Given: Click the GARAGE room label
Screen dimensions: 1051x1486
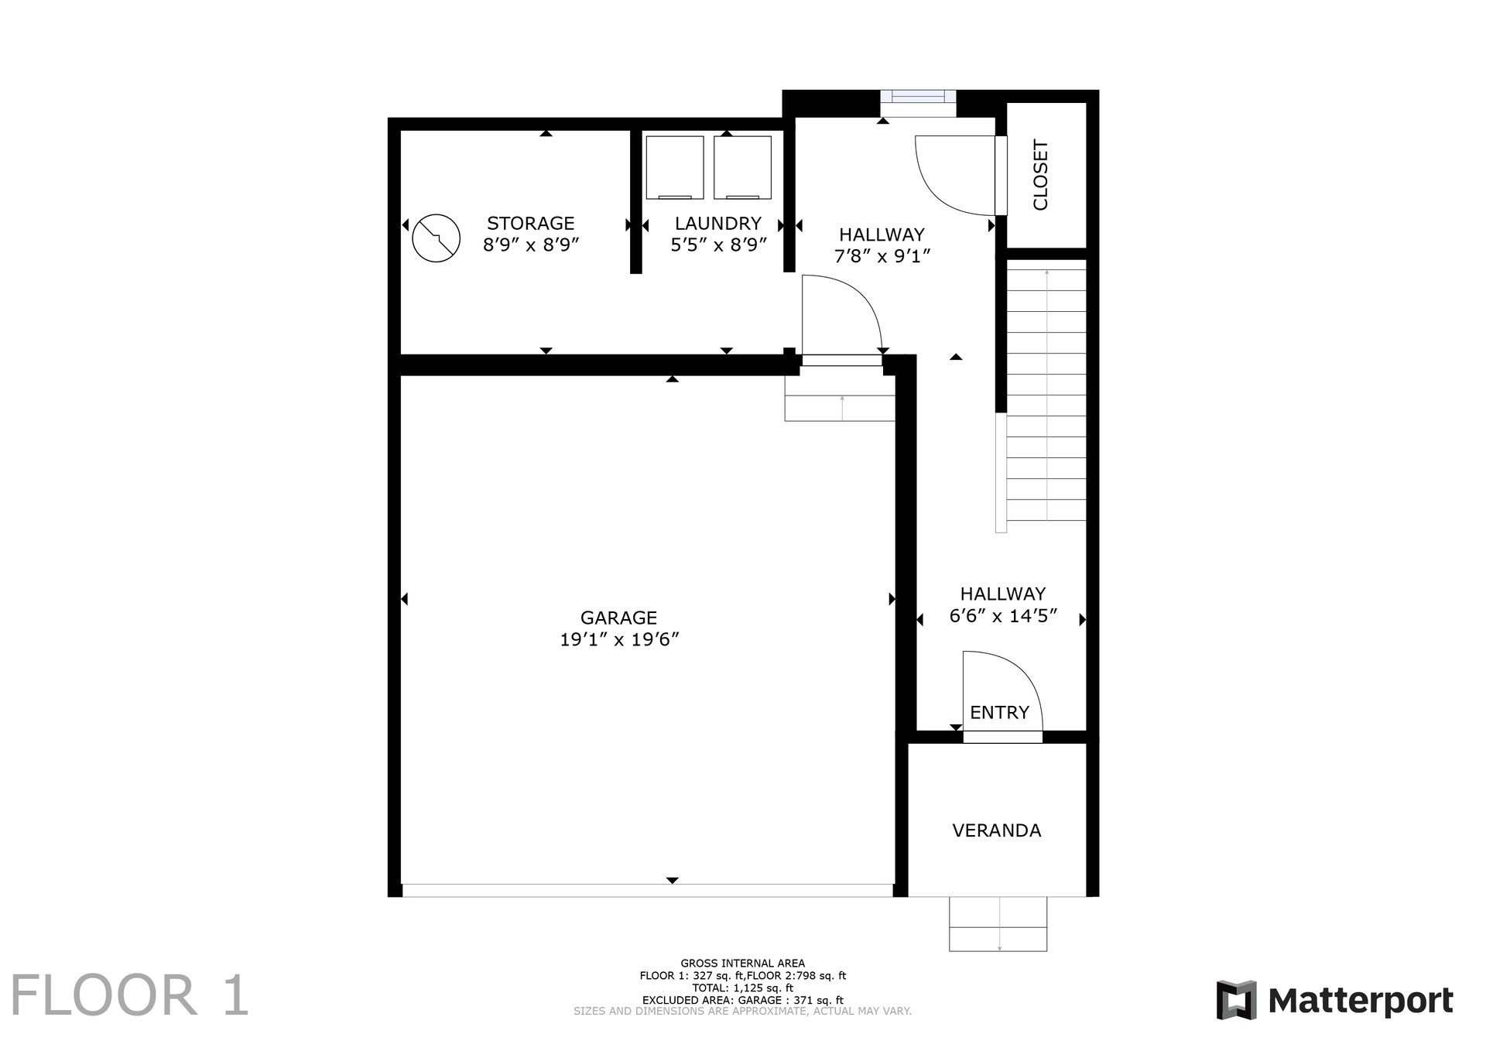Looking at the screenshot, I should click(x=618, y=618).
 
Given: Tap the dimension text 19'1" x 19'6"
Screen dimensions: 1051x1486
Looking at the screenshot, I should click(x=619, y=639).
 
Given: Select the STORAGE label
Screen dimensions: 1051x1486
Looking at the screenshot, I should click(x=530, y=224).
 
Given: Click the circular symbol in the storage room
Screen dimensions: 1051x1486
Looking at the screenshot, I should click(x=437, y=238).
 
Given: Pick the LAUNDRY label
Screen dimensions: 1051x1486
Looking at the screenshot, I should click(x=717, y=224).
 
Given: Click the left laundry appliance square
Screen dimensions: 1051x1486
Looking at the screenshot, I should click(x=674, y=167).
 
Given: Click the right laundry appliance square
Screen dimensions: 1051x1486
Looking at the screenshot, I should click(x=742, y=167).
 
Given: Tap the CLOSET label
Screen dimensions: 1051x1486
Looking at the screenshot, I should click(x=1040, y=175).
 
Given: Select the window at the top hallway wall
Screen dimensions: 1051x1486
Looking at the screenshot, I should click(x=918, y=98).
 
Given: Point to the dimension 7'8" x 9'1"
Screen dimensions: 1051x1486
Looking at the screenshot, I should click(x=882, y=256).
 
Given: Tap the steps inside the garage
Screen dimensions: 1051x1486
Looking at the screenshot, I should click(x=841, y=399).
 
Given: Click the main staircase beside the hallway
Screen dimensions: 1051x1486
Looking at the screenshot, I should click(x=1046, y=395).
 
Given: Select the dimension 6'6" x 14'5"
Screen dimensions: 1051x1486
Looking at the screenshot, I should click(x=1003, y=616).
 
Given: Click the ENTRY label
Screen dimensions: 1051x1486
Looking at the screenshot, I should click(x=999, y=713).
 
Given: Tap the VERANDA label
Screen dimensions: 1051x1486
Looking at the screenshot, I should click(x=996, y=830).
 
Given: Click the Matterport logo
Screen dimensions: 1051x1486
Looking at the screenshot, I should click(x=1334, y=1001).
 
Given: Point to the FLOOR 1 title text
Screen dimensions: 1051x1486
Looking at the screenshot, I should click(x=130, y=996).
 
